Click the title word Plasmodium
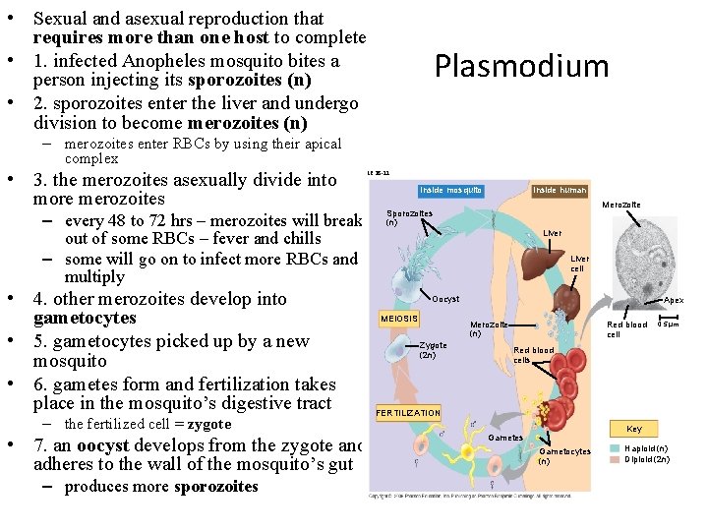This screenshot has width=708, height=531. (521, 66)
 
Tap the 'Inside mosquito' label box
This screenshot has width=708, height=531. (450, 190)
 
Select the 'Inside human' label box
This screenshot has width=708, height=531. (560, 190)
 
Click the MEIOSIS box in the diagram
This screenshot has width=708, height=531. (400, 319)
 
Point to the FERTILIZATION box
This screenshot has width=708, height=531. (408, 412)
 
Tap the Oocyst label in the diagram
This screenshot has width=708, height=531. (445, 299)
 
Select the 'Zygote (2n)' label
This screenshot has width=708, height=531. (433, 350)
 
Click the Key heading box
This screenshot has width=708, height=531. (634, 429)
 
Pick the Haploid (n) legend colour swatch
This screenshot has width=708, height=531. (615, 447)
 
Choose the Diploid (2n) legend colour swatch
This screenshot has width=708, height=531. (615, 459)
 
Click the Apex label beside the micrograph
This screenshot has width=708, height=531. (674, 300)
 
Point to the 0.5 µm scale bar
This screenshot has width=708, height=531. (668, 324)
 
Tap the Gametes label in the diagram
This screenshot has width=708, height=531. (505, 438)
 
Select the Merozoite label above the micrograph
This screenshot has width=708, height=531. (621, 205)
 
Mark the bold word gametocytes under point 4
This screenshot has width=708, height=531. (85, 319)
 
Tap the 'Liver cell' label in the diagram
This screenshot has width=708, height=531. (579, 264)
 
